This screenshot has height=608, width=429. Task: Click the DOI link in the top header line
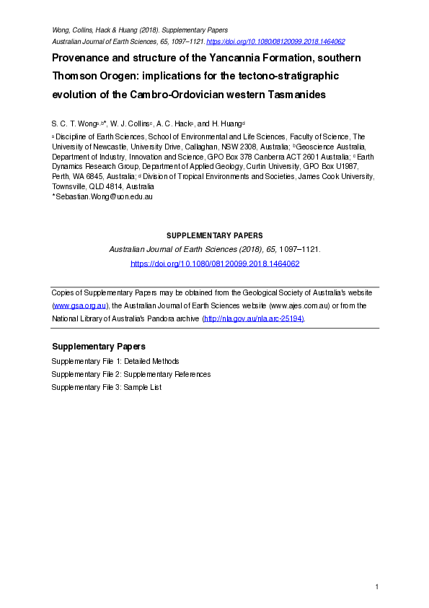tap(275, 42)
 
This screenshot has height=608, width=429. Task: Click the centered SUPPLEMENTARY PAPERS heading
tap(214, 235)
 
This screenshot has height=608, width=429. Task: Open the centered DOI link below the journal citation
tap(214, 264)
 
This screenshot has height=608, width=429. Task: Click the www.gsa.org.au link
tap(80, 305)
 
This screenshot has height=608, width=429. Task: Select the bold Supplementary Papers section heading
tap(98, 346)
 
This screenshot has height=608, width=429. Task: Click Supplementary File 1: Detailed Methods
tap(115, 361)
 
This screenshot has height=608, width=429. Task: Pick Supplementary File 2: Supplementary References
tap(131, 374)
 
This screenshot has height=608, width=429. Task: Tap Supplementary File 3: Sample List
tap(106, 387)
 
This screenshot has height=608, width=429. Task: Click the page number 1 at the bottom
tap(376, 587)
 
